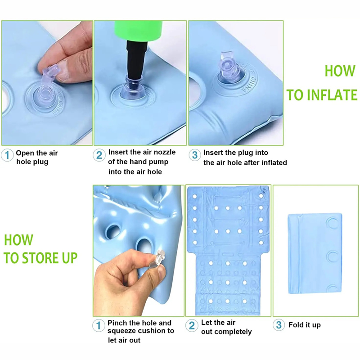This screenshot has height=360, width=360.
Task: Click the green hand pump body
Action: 139,31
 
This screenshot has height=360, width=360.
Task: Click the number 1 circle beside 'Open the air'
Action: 7,155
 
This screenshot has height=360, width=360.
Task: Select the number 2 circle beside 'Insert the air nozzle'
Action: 99,155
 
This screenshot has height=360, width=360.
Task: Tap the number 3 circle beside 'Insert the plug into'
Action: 195,155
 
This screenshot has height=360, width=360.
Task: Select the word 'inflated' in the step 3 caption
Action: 274,162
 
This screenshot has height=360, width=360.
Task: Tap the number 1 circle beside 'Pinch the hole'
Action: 99,325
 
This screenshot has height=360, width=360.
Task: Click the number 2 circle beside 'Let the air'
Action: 192,325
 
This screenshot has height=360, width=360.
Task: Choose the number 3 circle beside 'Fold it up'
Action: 279,325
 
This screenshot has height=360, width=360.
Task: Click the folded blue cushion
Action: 315,254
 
